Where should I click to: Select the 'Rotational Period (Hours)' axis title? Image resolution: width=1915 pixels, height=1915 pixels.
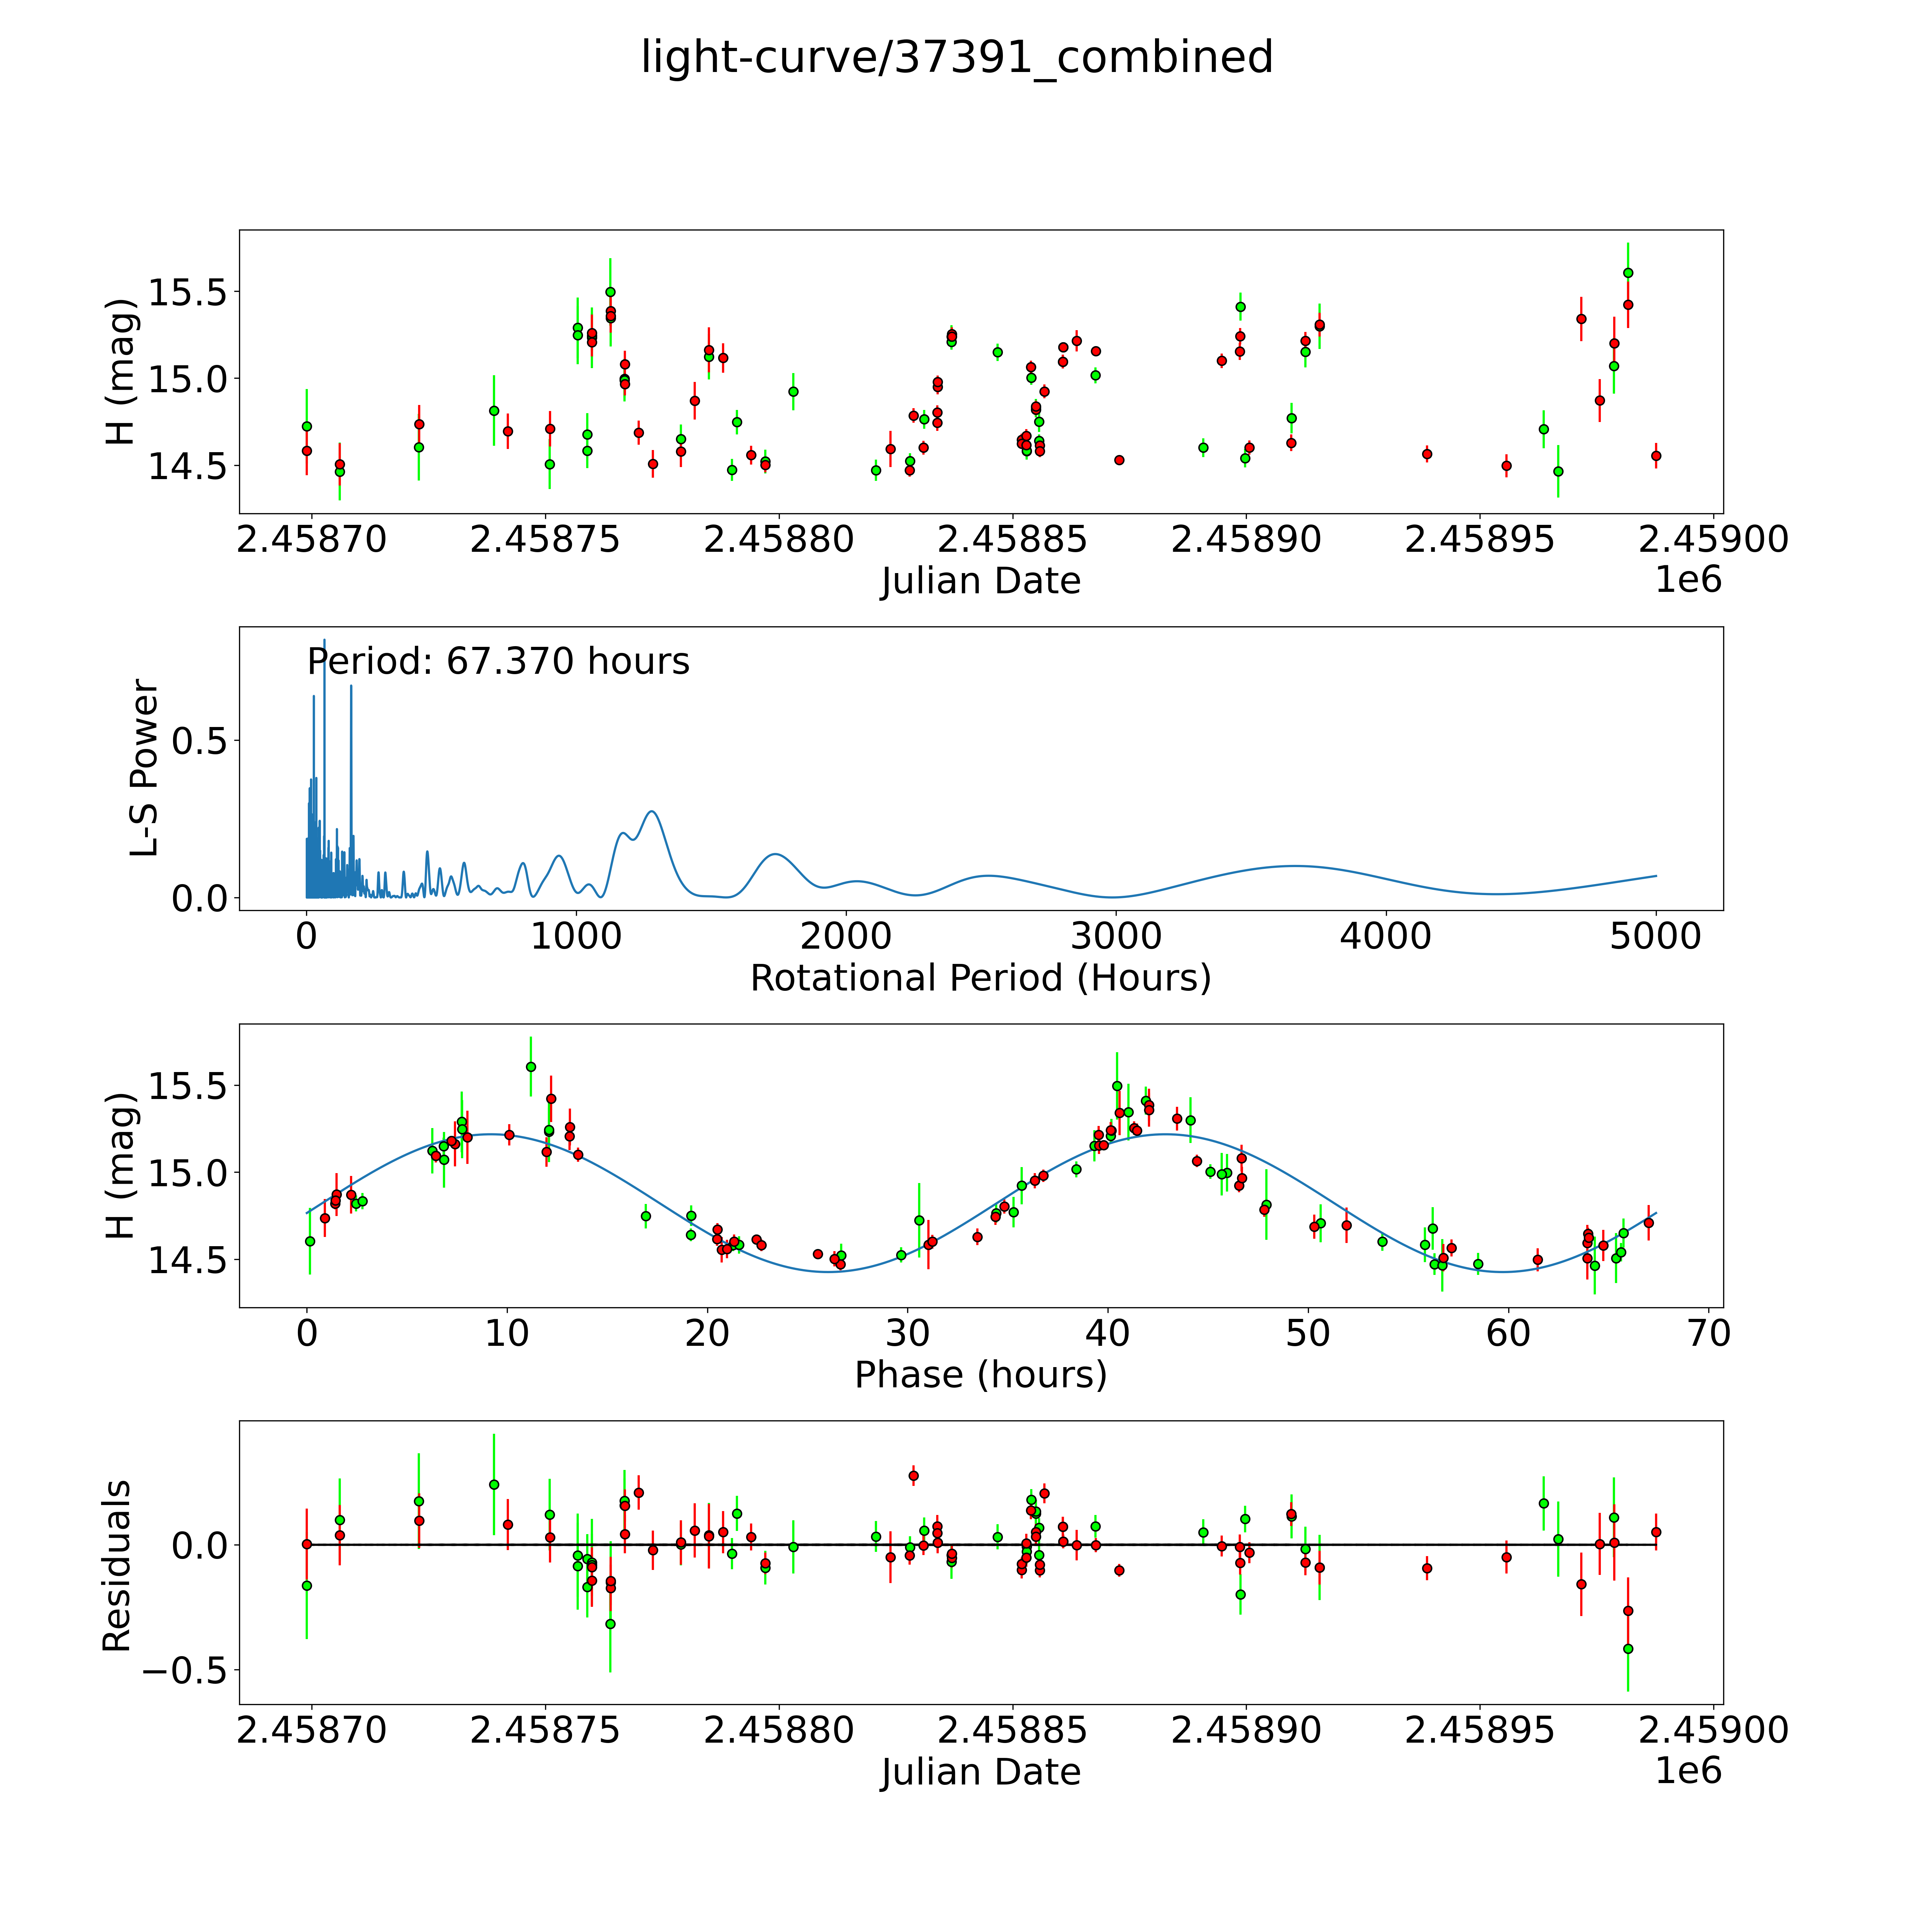tap(980, 978)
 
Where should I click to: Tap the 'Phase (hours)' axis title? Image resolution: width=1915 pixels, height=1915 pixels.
tap(980, 1375)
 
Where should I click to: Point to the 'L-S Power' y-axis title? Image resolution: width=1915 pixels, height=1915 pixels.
tap(145, 768)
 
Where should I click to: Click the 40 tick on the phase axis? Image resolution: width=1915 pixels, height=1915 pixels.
tap(1107, 1333)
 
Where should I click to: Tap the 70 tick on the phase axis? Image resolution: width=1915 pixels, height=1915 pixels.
tap(1708, 1333)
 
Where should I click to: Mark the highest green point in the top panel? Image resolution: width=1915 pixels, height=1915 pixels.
tap(1627, 273)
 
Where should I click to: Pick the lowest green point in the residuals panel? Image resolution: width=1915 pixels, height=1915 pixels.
tap(1627, 1648)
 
